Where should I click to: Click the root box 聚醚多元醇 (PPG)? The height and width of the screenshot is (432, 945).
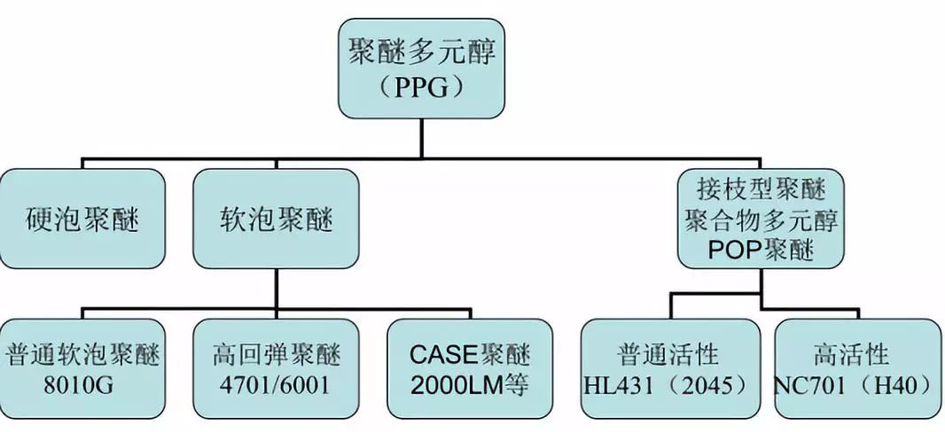422,69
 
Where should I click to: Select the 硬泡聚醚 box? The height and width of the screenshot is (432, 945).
82,219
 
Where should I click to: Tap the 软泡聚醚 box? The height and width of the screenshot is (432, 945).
276,219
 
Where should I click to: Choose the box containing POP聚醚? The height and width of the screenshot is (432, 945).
761,219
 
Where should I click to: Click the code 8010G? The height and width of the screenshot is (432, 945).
82,386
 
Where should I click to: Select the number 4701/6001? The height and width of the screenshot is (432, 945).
277,386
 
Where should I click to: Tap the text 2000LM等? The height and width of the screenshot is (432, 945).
470,386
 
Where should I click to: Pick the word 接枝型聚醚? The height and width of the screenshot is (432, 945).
761,189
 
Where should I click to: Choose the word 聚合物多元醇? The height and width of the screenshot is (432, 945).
761,220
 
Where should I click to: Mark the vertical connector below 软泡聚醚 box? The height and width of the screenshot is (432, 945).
276,288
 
